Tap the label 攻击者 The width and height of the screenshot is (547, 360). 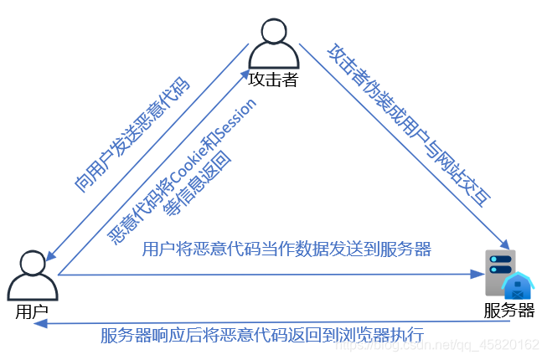(x=274, y=80)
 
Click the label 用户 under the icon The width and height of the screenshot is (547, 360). (x=32, y=311)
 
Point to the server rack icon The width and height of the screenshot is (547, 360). (x=501, y=272)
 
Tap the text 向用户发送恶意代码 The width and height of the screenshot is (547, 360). (x=132, y=136)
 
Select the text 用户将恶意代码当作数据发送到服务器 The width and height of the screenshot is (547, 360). (x=286, y=249)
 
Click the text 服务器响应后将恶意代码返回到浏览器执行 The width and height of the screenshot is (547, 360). (x=262, y=336)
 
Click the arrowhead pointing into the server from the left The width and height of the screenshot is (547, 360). (x=481, y=274)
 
